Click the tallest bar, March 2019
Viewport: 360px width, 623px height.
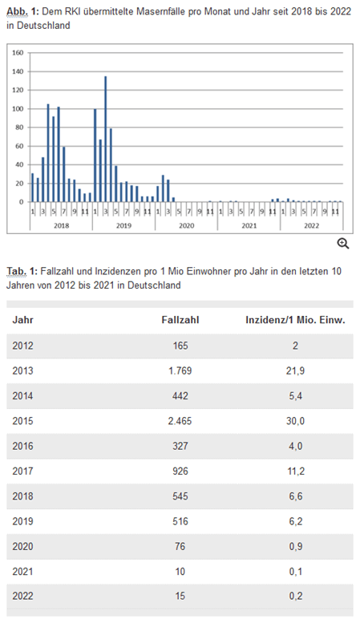(105, 139)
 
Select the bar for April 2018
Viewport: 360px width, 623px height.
(48, 153)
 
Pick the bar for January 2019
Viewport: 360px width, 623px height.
(95, 156)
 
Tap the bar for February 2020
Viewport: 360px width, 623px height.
(163, 188)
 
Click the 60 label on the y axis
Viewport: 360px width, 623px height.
(20, 146)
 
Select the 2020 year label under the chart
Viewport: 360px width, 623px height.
(186, 225)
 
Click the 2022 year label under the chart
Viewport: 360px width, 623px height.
(312, 225)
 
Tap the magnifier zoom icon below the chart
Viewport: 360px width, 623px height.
(343, 244)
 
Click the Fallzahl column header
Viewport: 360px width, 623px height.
(180, 320)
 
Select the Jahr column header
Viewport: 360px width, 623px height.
(22, 320)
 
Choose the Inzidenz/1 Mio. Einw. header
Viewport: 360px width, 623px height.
(295, 320)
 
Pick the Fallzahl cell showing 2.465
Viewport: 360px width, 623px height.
(180, 421)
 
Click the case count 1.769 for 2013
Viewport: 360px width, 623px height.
(180, 370)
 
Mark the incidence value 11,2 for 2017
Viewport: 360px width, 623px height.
(296, 471)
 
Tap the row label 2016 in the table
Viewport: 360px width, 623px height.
(22, 446)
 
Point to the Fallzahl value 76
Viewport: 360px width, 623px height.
(180, 546)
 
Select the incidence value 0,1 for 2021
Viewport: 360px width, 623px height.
(296, 572)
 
